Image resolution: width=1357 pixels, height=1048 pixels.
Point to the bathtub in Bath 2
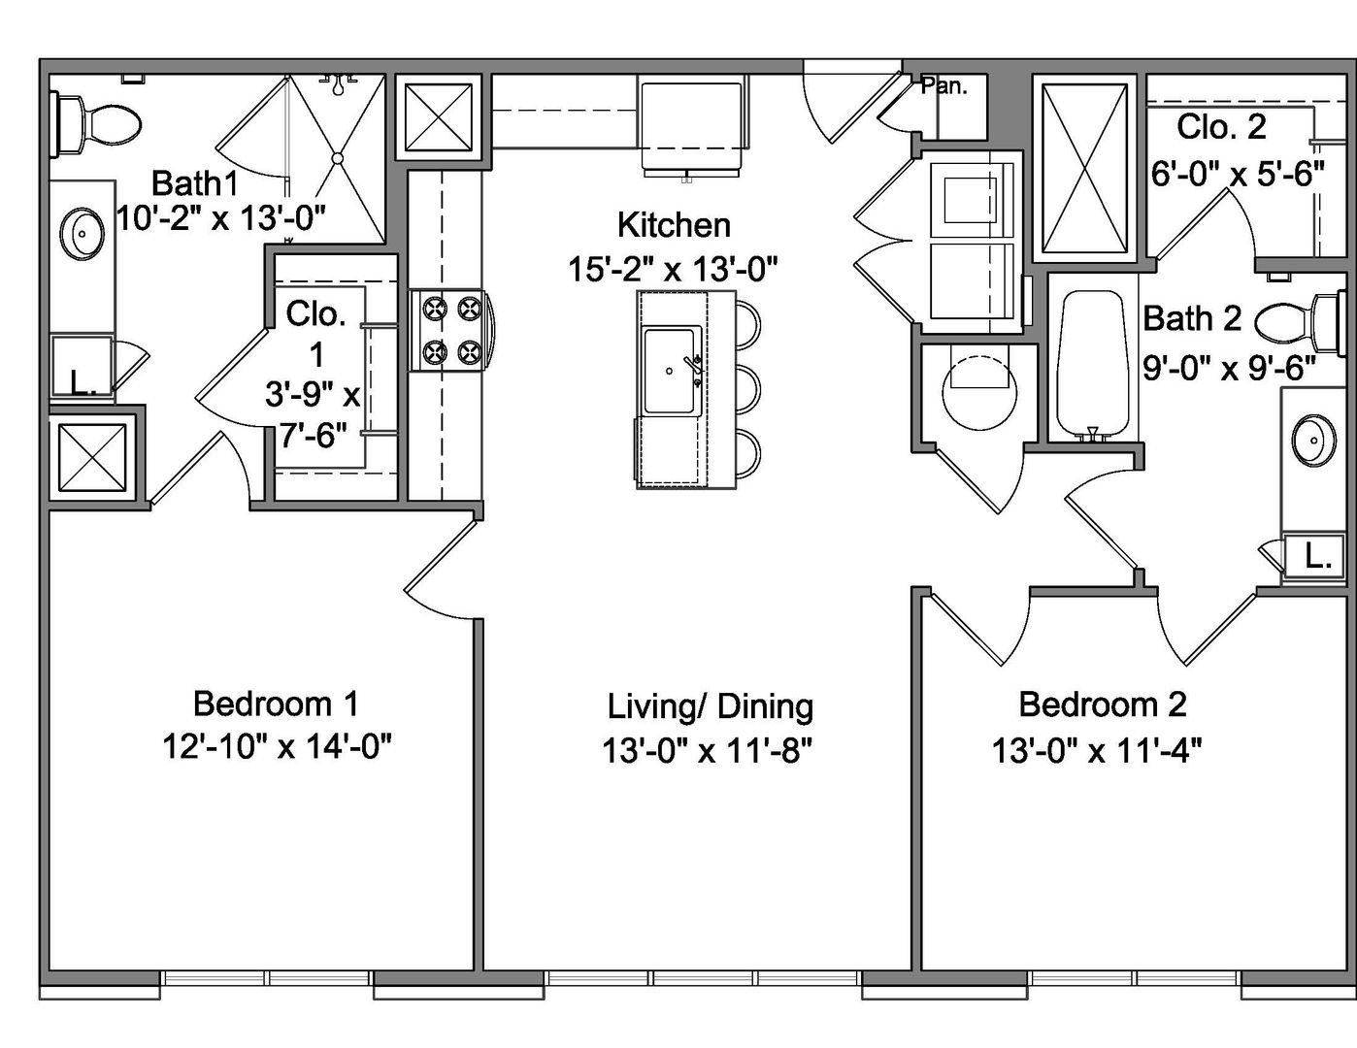[1093, 365]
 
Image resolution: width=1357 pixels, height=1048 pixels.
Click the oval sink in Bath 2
[1313, 440]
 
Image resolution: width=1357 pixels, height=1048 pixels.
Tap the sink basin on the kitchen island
[669, 371]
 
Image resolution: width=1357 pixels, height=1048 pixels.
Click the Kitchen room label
[674, 225]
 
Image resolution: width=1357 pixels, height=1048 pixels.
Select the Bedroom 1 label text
[276, 704]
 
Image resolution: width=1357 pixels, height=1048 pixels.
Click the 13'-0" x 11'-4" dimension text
[1097, 750]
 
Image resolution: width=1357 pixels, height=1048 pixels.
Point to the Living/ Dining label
[710, 707]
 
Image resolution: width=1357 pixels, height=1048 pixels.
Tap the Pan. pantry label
[944, 86]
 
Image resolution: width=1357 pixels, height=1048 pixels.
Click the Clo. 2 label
[1221, 127]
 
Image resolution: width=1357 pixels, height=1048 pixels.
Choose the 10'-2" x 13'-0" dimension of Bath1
[221, 218]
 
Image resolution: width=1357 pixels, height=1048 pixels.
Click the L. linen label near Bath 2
[1317, 557]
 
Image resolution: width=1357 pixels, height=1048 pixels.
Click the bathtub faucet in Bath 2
[1093, 433]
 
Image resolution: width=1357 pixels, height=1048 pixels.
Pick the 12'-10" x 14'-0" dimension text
[277, 746]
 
